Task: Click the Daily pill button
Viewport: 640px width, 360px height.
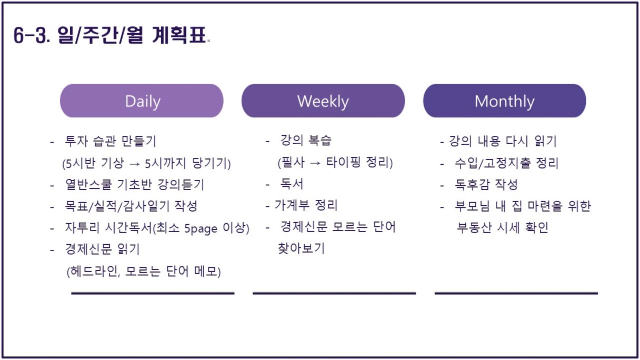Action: [142, 101]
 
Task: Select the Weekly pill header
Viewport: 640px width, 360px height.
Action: [323, 101]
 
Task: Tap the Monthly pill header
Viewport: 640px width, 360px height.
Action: [505, 101]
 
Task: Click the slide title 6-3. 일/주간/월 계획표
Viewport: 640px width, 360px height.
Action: [110, 35]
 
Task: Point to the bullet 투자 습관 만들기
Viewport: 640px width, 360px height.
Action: [111, 141]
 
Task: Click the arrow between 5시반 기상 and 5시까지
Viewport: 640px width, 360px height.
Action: [135, 164]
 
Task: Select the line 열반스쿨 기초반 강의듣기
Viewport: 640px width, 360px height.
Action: [135, 184]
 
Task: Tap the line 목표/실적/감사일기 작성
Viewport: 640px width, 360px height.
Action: [131, 206]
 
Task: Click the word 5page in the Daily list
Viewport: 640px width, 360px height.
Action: [201, 228]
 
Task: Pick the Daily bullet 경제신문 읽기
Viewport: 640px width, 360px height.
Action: [102, 249]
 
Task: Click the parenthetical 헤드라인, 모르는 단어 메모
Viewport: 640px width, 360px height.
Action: [144, 271]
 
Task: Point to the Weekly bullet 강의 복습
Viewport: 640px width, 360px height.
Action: [306, 141]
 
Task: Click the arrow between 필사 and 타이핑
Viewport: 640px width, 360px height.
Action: [315, 163]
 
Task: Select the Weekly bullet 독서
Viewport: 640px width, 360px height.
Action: [292, 184]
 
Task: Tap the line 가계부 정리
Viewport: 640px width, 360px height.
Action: [306, 205]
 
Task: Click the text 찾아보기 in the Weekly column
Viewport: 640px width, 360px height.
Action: [301, 248]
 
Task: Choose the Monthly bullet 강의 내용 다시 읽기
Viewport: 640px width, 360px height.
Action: [503, 141]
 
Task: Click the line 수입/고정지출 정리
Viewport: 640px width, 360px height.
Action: [506, 163]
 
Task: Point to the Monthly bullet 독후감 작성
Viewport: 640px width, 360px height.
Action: [486, 184]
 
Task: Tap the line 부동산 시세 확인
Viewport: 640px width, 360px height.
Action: [502, 227]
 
